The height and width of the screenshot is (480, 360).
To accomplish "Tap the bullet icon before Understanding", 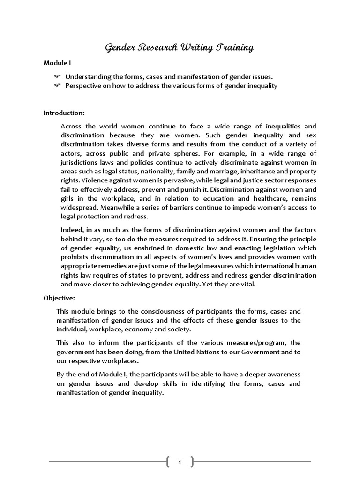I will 57,76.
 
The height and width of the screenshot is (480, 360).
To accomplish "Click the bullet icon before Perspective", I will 57,85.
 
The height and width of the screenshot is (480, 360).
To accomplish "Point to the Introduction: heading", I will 64,113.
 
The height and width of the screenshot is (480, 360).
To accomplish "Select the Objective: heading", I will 59,298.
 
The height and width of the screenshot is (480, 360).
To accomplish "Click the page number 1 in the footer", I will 180,462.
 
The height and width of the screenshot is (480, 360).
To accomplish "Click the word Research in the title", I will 154,47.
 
